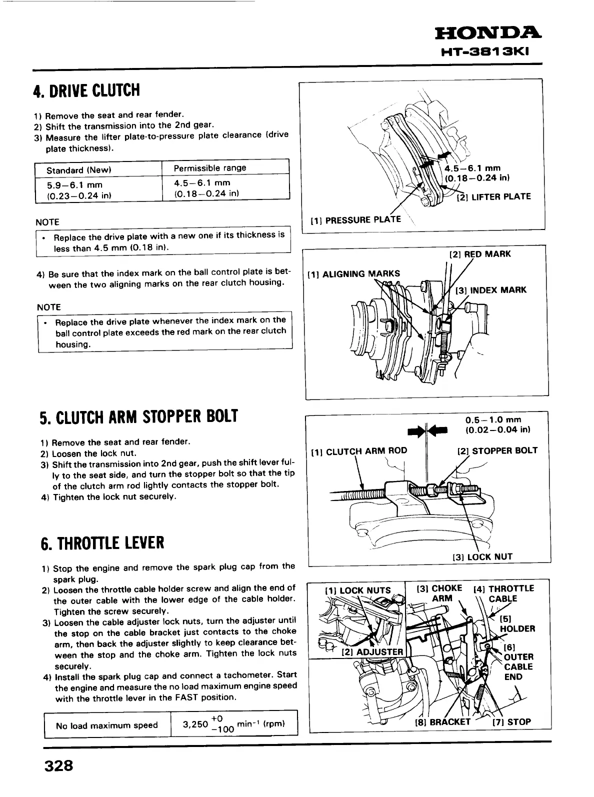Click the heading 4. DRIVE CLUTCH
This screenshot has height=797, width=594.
point(86,91)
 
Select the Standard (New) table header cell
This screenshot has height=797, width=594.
point(78,170)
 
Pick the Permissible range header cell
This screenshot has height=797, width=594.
point(210,168)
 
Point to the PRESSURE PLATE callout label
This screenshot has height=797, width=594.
point(356,219)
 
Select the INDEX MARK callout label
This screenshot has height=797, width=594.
point(491,290)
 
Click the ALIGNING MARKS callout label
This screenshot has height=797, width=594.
point(354,273)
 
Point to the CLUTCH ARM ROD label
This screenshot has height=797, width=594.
point(359,451)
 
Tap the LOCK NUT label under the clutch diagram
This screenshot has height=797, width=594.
point(482,556)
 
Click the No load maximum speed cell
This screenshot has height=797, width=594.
point(107,725)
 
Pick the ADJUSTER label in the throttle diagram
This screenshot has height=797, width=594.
point(372,651)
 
